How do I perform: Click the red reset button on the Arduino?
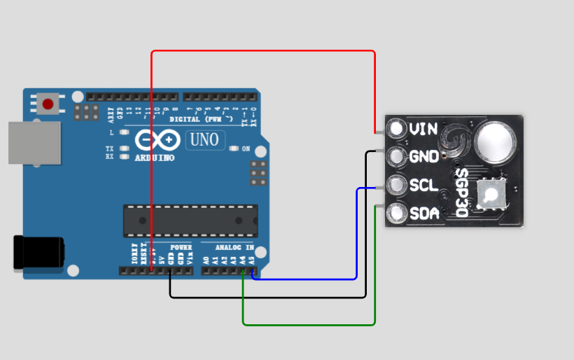48,104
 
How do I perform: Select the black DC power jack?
38,252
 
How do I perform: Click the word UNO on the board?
205,140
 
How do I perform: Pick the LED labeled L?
124,132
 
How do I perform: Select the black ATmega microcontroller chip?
190,220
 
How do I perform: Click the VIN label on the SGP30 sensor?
423,129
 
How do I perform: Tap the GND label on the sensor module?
424,157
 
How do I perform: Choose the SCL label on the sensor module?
423,186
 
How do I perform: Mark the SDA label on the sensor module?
424,214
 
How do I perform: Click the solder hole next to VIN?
397,129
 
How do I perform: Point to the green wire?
308,324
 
